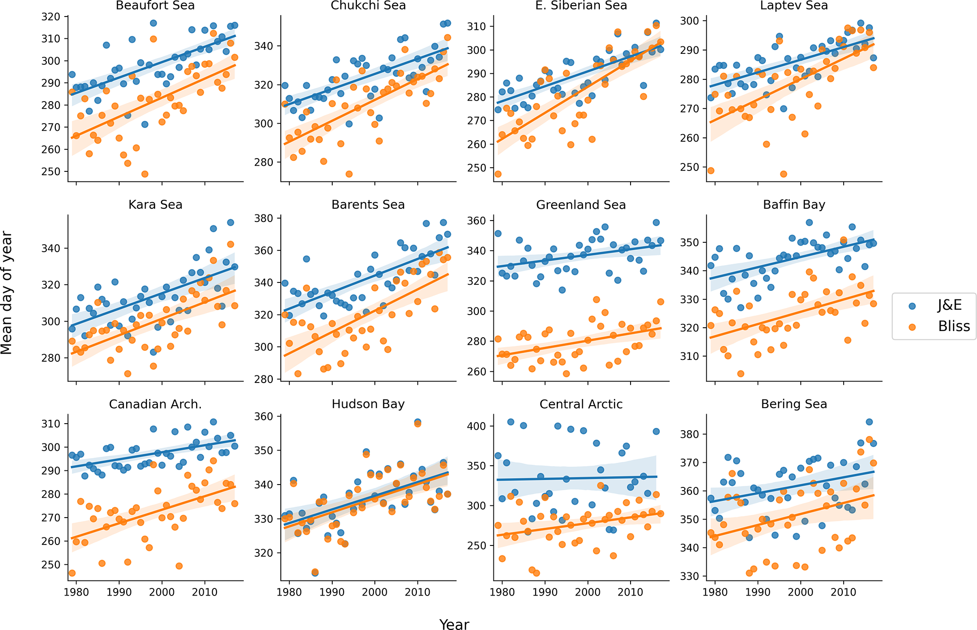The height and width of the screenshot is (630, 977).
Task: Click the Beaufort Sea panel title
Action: tap(155, 6)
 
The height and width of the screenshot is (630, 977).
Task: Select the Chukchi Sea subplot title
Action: tap(368, 6)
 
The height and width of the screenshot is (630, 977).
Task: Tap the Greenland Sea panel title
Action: tap(581, 205)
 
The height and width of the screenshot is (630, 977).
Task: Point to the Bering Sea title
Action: tap(794, 404)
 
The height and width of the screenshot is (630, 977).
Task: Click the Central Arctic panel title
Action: tap(581, 404)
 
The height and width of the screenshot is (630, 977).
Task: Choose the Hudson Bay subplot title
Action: tap(368, 404)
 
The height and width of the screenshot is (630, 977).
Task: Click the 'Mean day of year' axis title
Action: tap(7, 293)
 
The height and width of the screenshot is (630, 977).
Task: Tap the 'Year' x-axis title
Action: tap(454, 624)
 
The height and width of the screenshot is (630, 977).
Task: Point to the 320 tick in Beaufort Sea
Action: tap(51, 17)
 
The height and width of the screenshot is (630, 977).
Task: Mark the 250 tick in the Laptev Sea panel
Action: tap(690, 167)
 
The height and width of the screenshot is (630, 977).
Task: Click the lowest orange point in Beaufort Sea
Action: tap(145, 174)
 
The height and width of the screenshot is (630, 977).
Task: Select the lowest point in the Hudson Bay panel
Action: tap(315, 572)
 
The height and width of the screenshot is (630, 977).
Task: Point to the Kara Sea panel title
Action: tap(155, 205)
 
